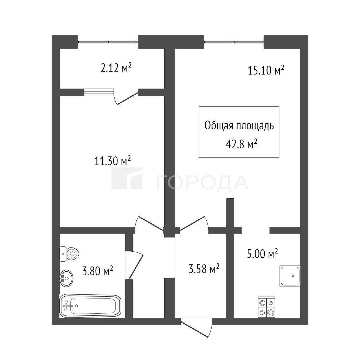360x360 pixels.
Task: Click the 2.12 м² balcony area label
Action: tap(116, 68)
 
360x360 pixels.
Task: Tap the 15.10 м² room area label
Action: tap(266, 70)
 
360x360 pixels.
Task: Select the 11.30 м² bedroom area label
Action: tap(112, 161)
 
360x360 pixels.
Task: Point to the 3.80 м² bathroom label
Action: tap(98, 271)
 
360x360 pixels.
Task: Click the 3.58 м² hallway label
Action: tap(204, 269)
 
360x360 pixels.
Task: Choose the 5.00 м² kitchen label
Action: tap(263, 254)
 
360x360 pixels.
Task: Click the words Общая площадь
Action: tap(239, 126)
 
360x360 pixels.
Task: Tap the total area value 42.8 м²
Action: tap(241, 144)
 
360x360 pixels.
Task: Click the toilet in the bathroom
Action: tap(69, 254)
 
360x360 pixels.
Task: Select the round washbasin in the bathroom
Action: tap(66, 278)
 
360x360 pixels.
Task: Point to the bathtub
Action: tap(90, 306)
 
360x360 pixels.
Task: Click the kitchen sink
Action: tap(290, 276)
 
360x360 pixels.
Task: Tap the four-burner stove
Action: tap(266, 307)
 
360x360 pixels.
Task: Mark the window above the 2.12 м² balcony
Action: tap(108, 42)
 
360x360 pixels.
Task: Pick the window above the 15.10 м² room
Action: tap(234, 42)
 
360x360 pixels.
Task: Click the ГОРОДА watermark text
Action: tap(202, 182)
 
